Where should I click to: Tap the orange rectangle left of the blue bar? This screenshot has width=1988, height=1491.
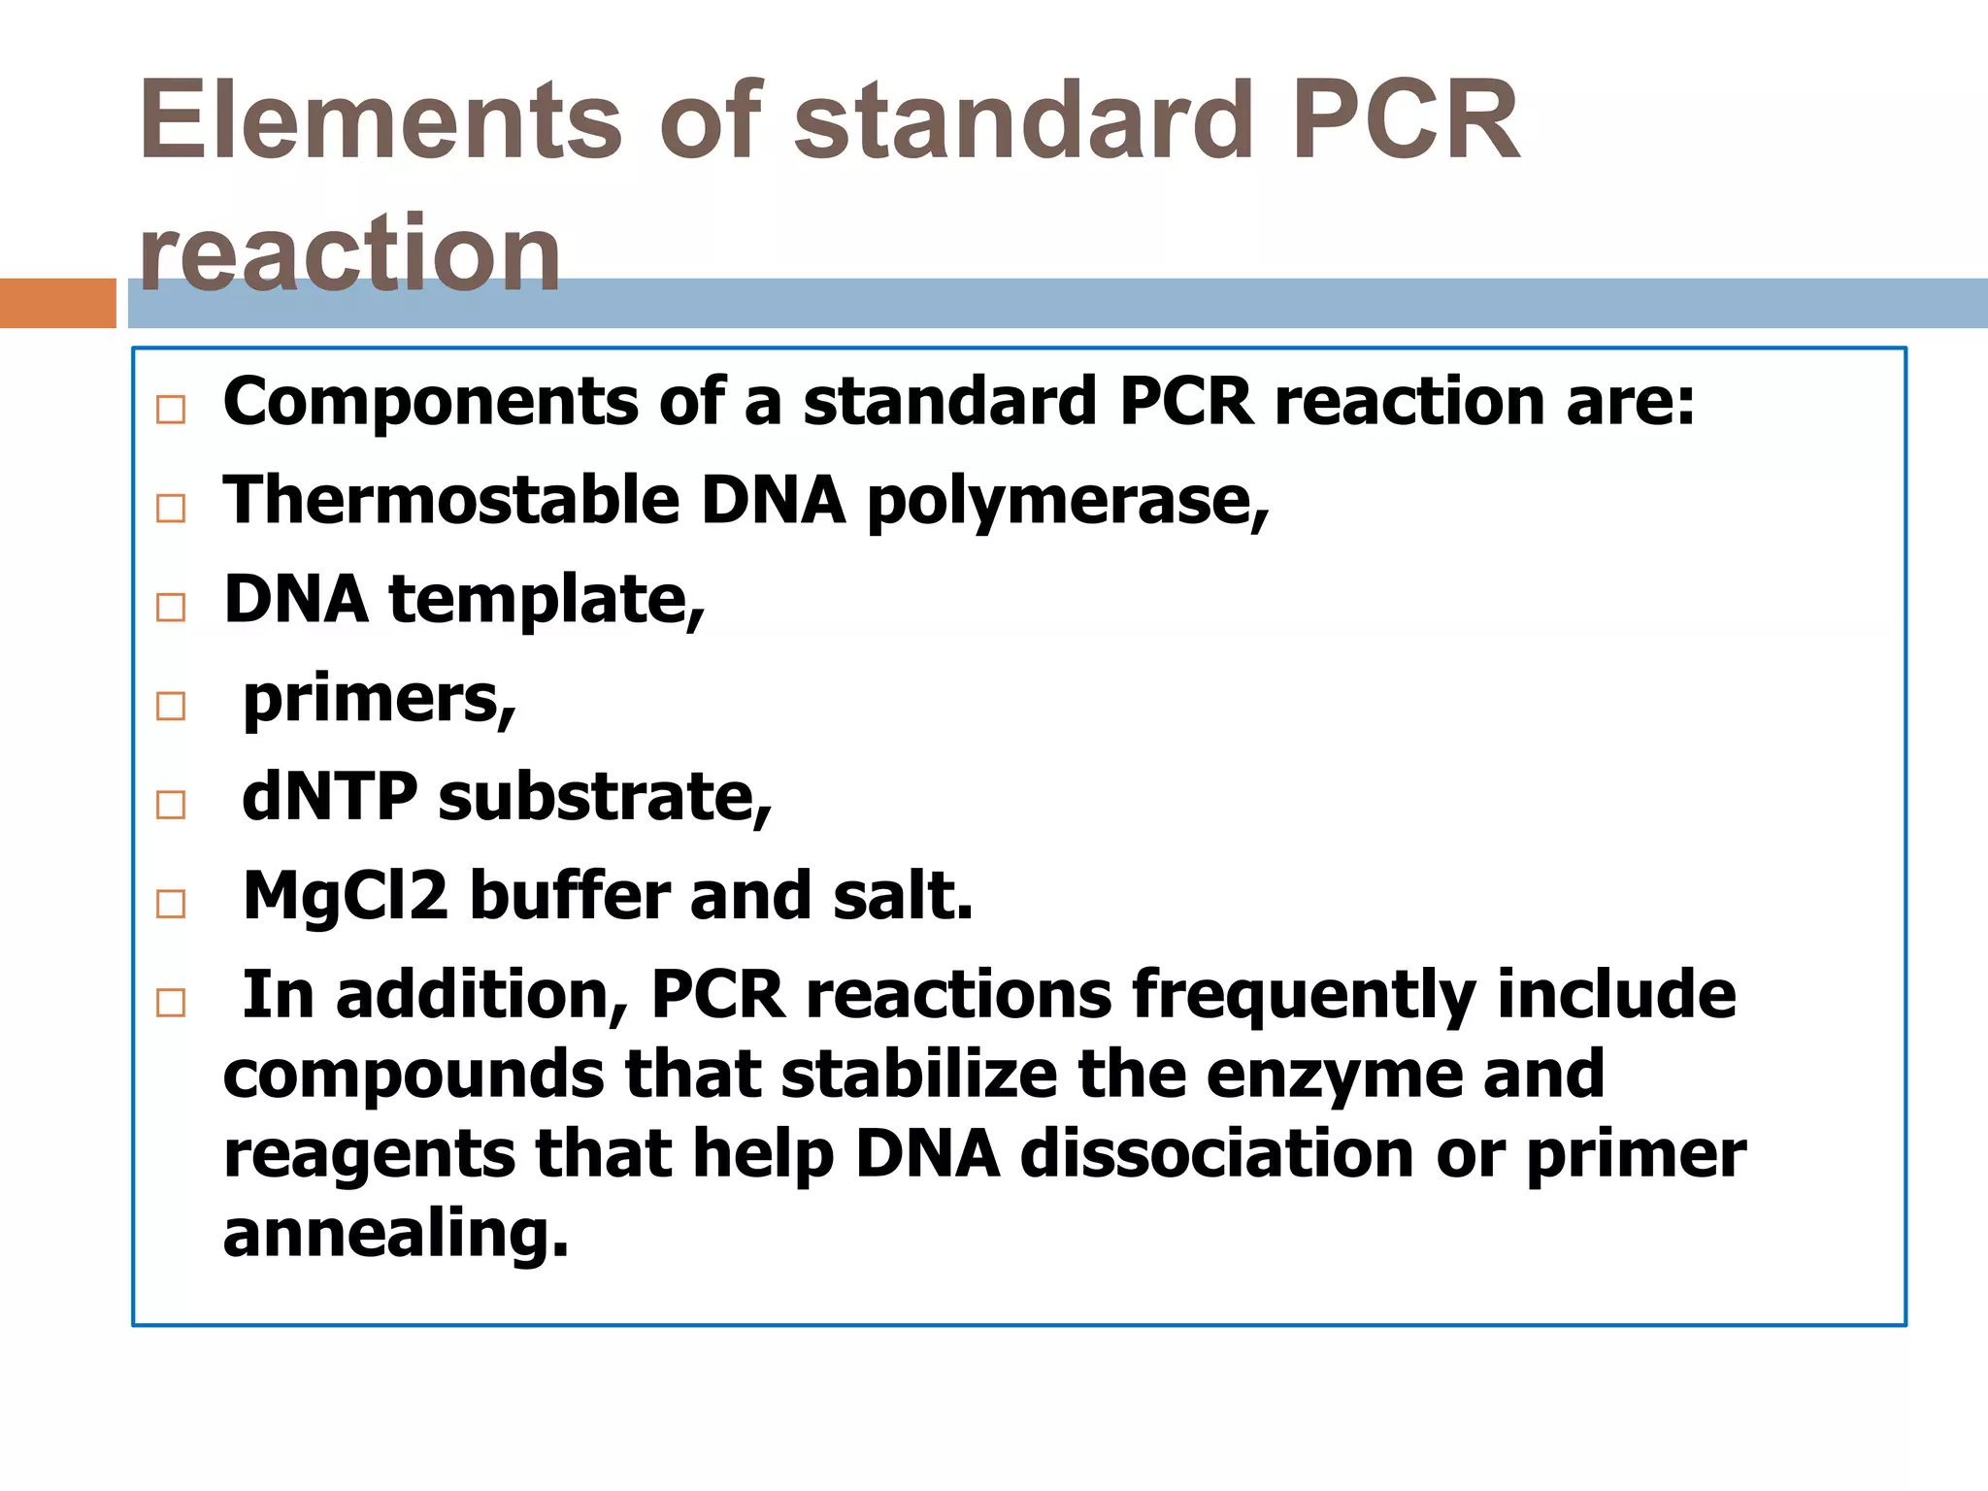coord(57,303)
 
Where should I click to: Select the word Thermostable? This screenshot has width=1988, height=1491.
coord(451,500)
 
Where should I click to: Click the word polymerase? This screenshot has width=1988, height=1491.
coord(1067,502)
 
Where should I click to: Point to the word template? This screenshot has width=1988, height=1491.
coord(547,600)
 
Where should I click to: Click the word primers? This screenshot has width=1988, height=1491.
coord(379,700)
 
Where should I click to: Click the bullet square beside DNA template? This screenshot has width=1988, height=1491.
coord(171,608)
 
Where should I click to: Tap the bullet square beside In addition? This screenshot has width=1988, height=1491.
coord(171,1002)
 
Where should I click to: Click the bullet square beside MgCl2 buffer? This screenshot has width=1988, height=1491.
coord(171,904)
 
